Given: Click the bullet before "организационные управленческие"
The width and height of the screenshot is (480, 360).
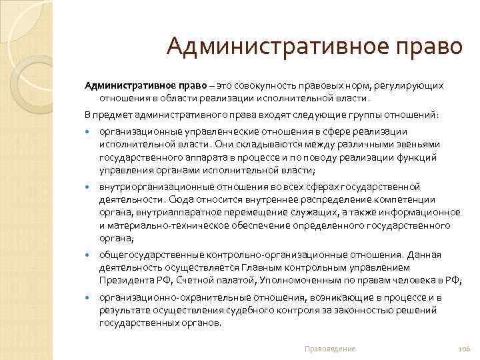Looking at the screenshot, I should (x=88, y=132).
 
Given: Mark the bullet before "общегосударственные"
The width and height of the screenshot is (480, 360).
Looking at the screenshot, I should (x=88, y=255).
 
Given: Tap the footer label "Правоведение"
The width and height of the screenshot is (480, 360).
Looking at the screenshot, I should (x=329, y=349).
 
